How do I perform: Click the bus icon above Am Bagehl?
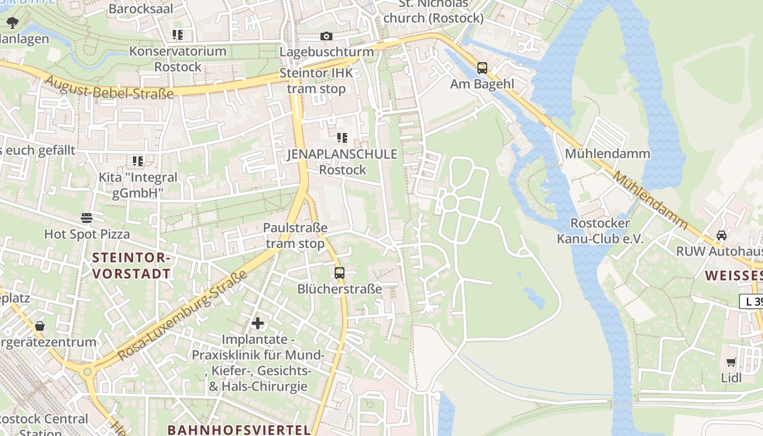[x=482, y=68]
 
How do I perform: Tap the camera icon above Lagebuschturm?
[x=326, y=37]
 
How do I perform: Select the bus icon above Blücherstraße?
[x=340, y=273]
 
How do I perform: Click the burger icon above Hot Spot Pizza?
[x=87, y=218]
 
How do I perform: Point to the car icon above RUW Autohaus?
[x=722, y=235]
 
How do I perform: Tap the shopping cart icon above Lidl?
[x=731, y=362]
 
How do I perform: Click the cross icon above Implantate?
[x=258, y=323]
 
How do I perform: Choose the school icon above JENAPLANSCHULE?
[x=342, y=138]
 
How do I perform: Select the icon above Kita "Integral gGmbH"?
[x=138, y=161]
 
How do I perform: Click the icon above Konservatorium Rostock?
[x=178, y=35]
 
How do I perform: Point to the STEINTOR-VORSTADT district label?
[x=131, y=265]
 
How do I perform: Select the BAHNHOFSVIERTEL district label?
[x=239, y=429]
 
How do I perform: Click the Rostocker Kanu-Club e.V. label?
[x=600, y=231]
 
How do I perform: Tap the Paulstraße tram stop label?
[x=295, y=235]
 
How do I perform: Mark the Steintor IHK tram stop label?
[x=316, y=81]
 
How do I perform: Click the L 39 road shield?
[x=752, y=301]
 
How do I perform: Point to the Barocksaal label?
[x=141, y=9]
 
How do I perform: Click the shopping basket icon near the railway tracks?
[x=40, y=326]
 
